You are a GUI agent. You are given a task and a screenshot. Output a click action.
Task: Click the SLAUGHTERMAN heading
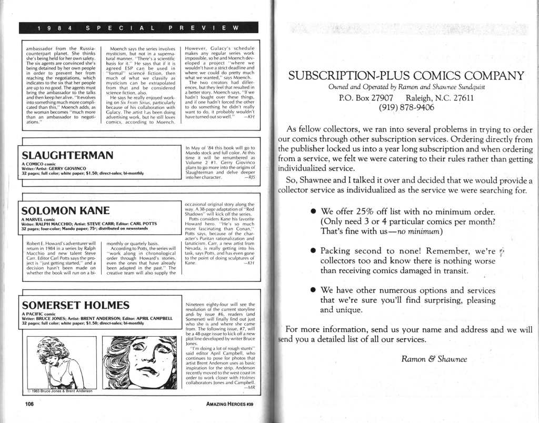pos(67,155)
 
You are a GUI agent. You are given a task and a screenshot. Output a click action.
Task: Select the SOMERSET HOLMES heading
pos(75,305)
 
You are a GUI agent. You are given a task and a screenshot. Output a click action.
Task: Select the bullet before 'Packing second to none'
pos(313,251)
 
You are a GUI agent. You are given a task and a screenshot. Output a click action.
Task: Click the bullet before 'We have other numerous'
pos(313,290)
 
